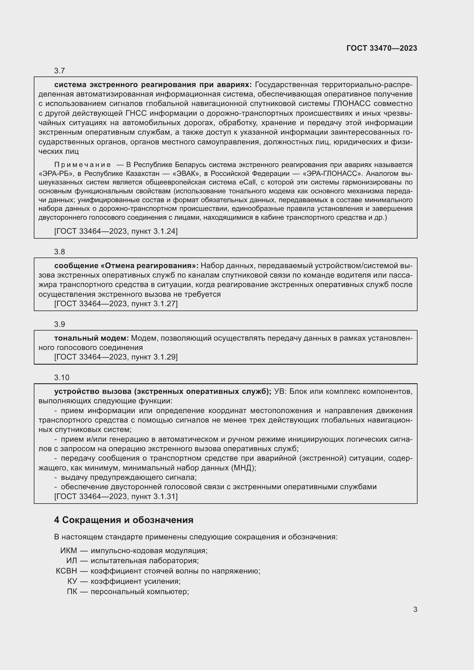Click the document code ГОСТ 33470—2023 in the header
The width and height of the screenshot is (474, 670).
pyautogui.click(x=382, y=48)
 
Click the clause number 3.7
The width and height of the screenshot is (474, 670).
pyautogui.click(x=59, y=71)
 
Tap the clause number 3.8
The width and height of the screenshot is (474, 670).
pyautogui.click(x=59, y=252)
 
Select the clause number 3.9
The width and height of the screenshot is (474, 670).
pyautogui.click(x=59, y=324)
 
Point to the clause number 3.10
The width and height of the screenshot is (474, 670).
pyautogui.click(x=62, y=378)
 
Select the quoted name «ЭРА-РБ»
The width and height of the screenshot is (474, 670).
pyautogui.click(x=56, y=174)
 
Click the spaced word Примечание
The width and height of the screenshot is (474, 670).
pyautogui.click(x=82, y=165)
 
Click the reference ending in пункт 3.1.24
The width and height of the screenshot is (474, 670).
pyautogui.click(x=116, y=231)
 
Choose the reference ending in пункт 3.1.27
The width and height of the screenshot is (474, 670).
pyautogui.click(x=116, y=303)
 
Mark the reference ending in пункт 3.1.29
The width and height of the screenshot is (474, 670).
pyautogui.click(x=116, y=357)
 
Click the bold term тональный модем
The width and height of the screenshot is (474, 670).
pyautogui.click(x=91, y=338)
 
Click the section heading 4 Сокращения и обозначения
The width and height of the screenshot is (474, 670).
pyautogui.click(x=124, y=520)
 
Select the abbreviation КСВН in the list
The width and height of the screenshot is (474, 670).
pyautogui.click(x=66, y=571)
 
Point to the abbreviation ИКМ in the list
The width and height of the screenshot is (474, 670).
pyautogui.click(x=68, y=551)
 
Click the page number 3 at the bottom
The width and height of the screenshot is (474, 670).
pyautogui.click(x=415, y=609)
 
